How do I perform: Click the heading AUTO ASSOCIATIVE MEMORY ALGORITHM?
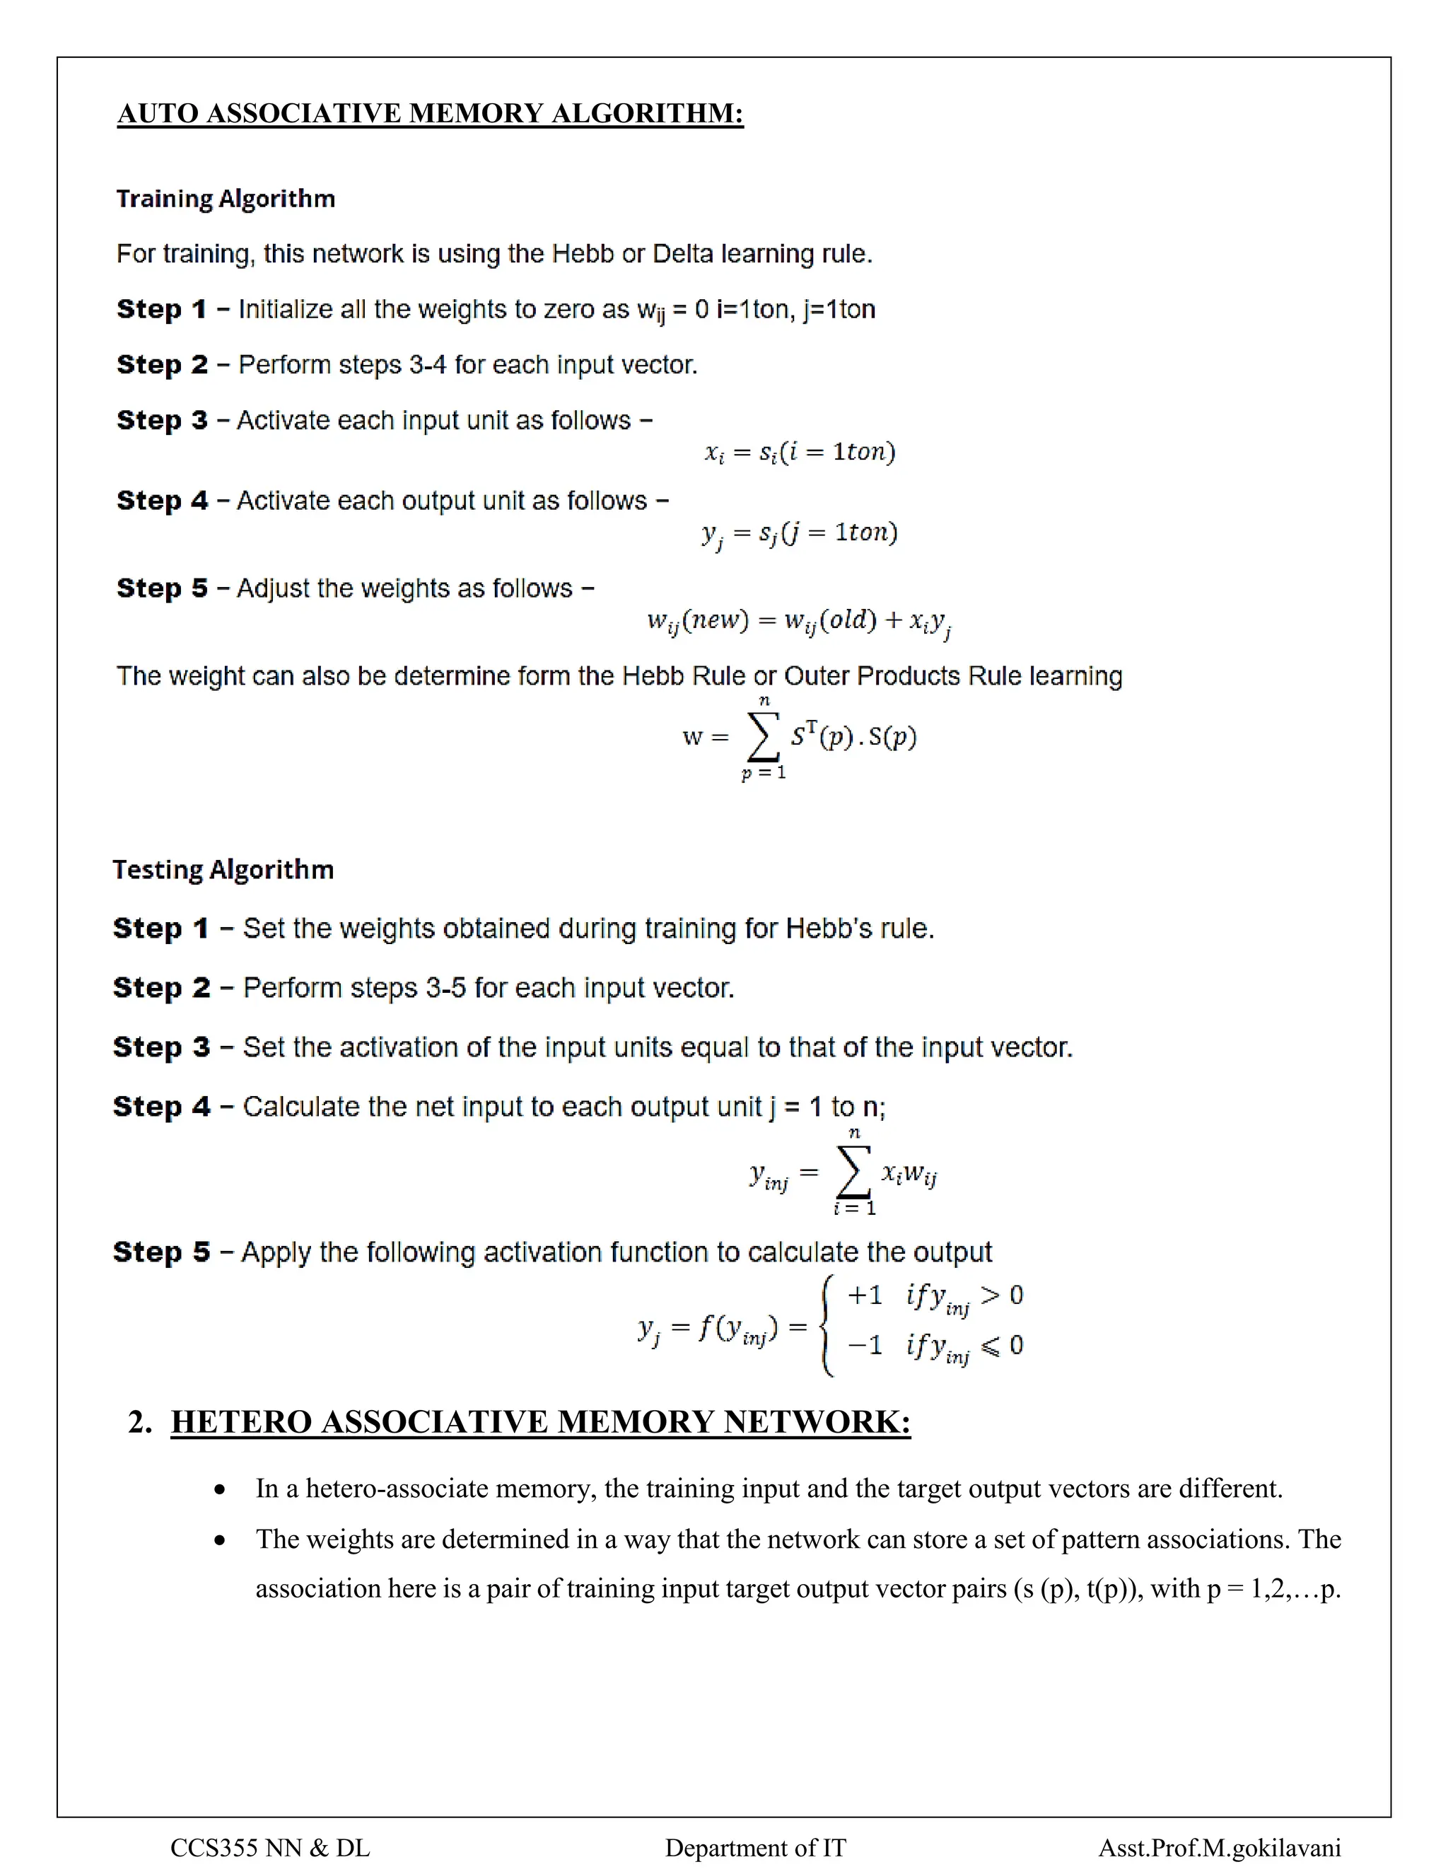pos(430,113)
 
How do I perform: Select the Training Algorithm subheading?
pos(226,199)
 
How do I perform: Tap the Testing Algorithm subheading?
pos(223,870)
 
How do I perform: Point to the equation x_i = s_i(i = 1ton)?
pos(800,452)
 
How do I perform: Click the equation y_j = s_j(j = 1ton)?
pos(800,534)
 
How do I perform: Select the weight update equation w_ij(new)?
pos(800,621)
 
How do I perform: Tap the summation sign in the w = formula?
pos(764,737)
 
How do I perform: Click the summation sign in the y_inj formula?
pos(853,1172)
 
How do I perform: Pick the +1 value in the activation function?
pos(865,1295)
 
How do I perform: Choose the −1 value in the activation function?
pos(865,1344)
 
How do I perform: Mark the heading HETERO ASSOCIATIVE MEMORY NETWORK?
pos(539,1423)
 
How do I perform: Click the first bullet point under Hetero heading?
pos(221,1489)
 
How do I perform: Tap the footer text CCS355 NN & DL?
pos(270,1847)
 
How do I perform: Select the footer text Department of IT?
pos(755,1847)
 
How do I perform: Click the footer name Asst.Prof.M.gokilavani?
pos(1219,1847)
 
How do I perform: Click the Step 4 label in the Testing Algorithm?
pos(161,1107)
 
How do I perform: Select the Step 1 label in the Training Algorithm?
pos(161,310)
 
